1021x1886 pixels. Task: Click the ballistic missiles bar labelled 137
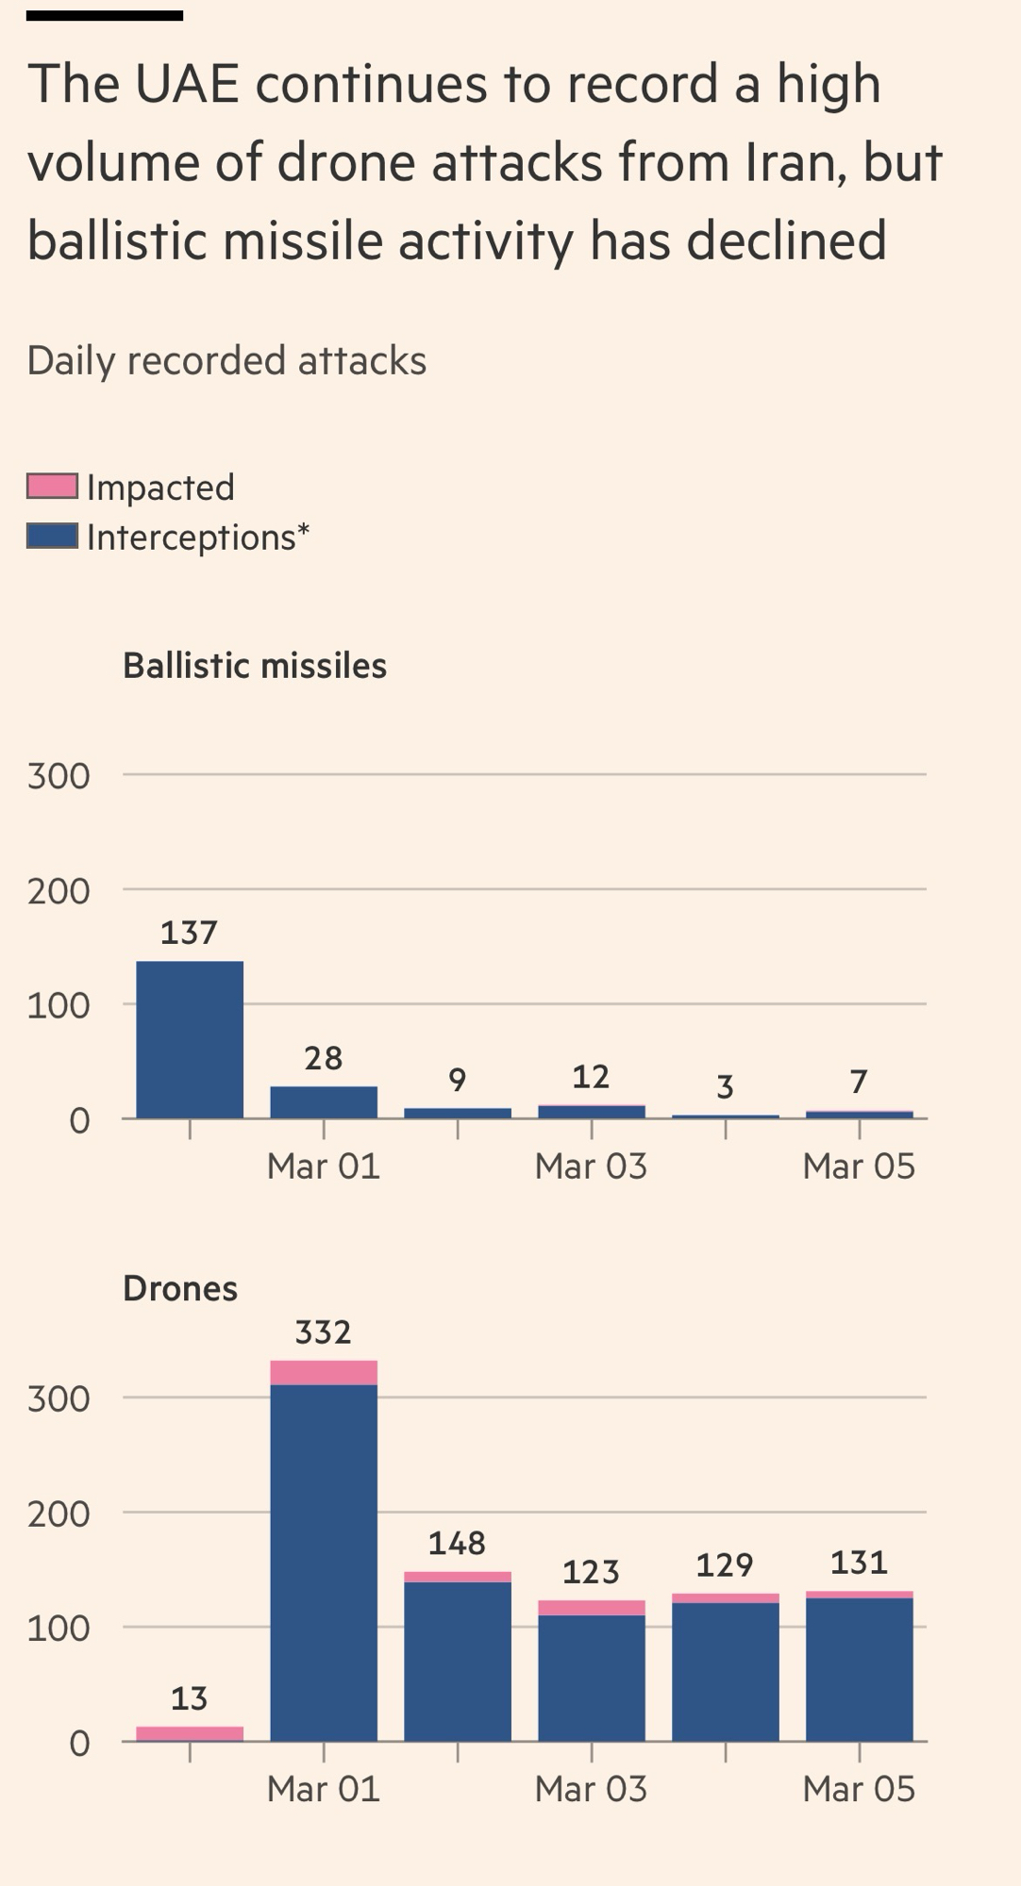pyautogui.click(x=190, y=1039)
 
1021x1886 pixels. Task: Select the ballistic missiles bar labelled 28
pyautogui.click(x=324, y=1102)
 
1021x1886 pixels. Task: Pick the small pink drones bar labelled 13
pyautogui.click(x=190, y=1733)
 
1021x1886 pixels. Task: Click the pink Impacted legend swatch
pyautogui.click(x=52, y=487)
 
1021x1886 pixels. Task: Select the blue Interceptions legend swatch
pyautogui.click(x=52, y=537)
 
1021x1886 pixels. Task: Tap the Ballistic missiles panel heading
pyautogui.click(x=255, y=666)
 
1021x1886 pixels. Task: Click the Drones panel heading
pyautogui.click(x=180, y=1288)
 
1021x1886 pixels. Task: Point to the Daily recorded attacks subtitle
pyautogui.click(x=226, y=360)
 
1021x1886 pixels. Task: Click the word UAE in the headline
pyautogui.click(x=187, y=84)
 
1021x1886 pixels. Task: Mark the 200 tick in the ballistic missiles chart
pyautogui.click(x=59, y=891)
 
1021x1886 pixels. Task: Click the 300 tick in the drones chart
pyautogui.click(x=59, y=1398)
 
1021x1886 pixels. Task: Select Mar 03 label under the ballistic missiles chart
pyautogui.click(x=591, y=1166)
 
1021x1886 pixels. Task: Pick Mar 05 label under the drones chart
pyautogui.click(x=859, y=1789)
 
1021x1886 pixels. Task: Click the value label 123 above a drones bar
pyautogui.click(x=591, y=1572)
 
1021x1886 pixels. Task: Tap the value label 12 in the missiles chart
pyautogui.click(x=591, y=1077)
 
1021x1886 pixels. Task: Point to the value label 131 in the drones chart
pyautogui.click(x=859, y=1563)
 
